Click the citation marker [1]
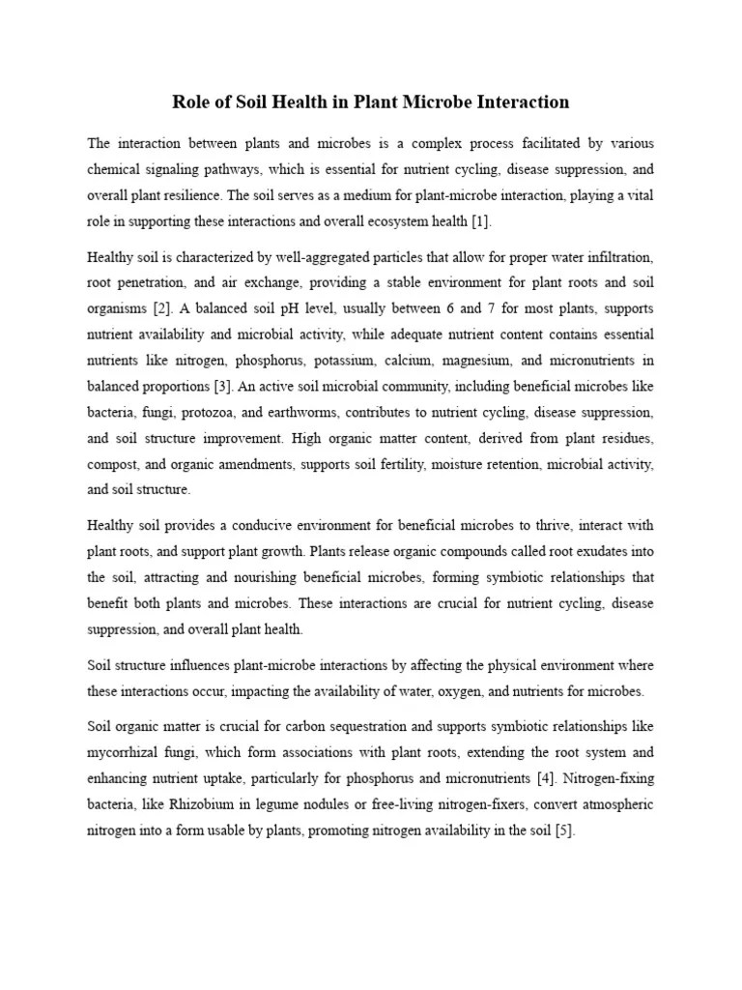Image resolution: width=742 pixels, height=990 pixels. point(480,222)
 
